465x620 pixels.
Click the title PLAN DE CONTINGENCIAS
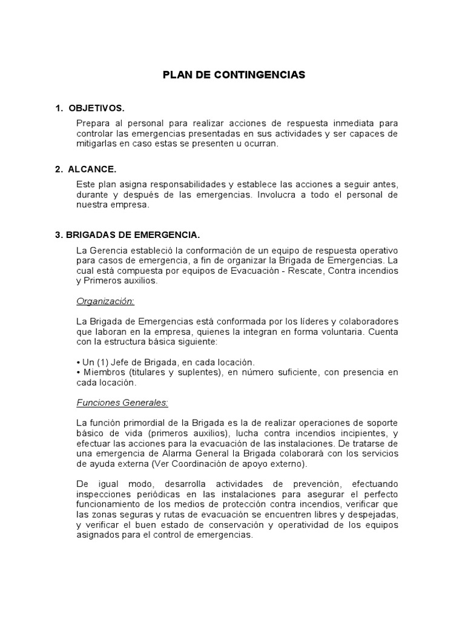234,75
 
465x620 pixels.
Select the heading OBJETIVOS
97,108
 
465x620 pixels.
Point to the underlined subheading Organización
105,301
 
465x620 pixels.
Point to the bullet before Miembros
79,372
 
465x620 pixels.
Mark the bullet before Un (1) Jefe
79,362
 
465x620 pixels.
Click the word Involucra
284,195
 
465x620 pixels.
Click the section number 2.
58,170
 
